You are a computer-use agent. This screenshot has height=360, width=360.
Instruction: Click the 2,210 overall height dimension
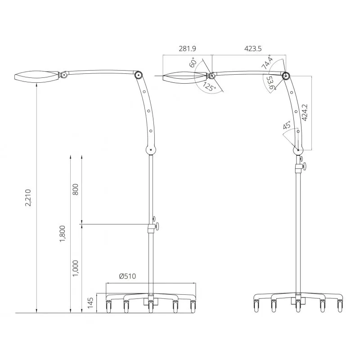[28, 198]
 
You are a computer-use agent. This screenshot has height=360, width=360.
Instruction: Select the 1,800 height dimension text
[63, 234]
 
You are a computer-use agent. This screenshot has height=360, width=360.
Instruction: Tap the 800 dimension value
[75, 189]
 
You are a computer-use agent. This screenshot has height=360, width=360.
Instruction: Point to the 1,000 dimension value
[75, 268]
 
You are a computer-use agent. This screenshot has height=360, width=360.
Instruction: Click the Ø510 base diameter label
[128, 276]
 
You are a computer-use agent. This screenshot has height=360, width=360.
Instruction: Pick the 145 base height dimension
[90, 303]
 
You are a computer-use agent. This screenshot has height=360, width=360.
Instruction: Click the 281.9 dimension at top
[187, 49]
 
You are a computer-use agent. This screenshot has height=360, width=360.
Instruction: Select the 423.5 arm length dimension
[253, 49]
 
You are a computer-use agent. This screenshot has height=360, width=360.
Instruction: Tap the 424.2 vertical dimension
[305, 112]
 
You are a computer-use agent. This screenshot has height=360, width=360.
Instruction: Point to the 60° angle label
[193, 62]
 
